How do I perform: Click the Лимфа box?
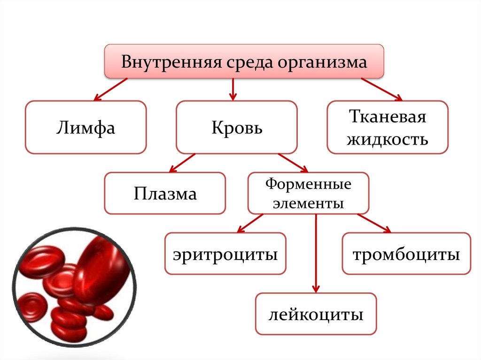[86, 127]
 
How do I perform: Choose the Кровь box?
[236, 127]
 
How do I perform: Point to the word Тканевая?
[388, 117]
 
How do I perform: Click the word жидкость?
[388, 139]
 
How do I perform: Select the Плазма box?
[165, 193]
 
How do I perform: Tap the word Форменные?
[308, 184]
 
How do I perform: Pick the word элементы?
[308, 204]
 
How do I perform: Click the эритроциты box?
[225, 254]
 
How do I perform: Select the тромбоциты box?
[406, 254]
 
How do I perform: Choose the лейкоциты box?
[316, 314]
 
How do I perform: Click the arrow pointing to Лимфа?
[111, 89]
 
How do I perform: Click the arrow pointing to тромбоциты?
[374, 223]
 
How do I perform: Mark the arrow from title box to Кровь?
[233, 89]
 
